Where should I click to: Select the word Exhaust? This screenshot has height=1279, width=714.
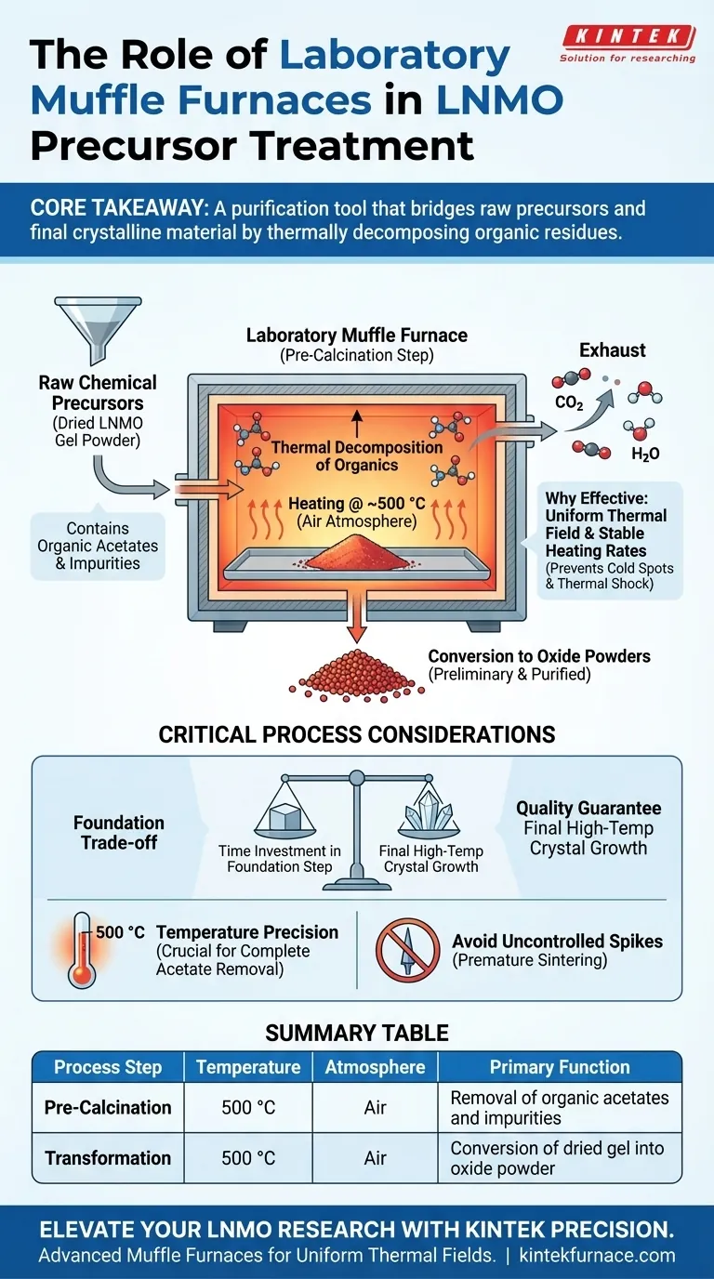pyautogui.click(x=612, y=350)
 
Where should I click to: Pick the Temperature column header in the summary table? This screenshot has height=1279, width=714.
pyautogui.click(x=248, y=1067)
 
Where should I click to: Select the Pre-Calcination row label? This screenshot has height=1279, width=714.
pyautogui.click(x=108, y=1108)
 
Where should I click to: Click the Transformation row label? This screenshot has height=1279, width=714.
pyautogui.click(x=108, y=1158)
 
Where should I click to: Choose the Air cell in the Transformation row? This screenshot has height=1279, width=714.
pyautogui.click(x=375, y=1158)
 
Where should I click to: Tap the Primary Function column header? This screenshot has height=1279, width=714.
pyautogui.click(x=560, y=1067)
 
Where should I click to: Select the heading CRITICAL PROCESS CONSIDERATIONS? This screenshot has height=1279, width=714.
pyautogui.click(x=357, y=734)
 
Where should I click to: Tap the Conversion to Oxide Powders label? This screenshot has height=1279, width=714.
pyautogui.click(x=538, y=656)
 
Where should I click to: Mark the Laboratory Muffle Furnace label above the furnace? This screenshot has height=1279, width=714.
pyautogui.click(x=356, y=336)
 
